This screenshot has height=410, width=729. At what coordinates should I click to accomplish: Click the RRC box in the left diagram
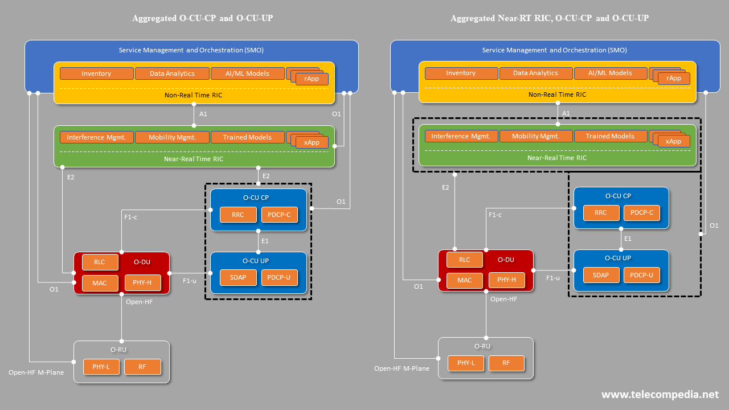coord(238,215)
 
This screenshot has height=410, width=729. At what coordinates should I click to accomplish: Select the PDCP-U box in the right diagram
coord(642,275)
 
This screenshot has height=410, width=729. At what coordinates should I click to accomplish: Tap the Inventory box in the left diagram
coord(96,73)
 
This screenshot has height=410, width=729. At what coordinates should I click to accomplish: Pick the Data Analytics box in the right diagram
coord(535,73)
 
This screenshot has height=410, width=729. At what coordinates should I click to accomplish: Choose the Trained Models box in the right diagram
coord(610,136)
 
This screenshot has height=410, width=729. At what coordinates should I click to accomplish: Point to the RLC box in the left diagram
coord(100,262)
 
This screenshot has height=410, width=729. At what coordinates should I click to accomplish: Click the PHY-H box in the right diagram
coord(506,280)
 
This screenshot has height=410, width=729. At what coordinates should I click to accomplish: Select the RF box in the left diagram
coord(142,367)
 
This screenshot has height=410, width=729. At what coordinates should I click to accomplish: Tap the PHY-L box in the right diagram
coord(466,363)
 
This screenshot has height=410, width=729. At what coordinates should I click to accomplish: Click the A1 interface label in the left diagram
coord(203,114)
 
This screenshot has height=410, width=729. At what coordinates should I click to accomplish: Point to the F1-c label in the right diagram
coord(495,215)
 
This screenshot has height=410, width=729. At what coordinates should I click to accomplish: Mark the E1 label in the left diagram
coord(265,241)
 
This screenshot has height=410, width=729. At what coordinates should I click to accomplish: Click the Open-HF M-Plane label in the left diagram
coord(36,372)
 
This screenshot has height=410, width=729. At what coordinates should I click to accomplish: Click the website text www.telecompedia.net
coord(660,395)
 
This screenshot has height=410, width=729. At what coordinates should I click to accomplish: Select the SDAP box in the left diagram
coord(238,277)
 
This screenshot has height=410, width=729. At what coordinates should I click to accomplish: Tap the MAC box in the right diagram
coord(465,280)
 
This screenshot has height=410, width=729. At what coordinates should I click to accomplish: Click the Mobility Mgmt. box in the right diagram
coord(535,136)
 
